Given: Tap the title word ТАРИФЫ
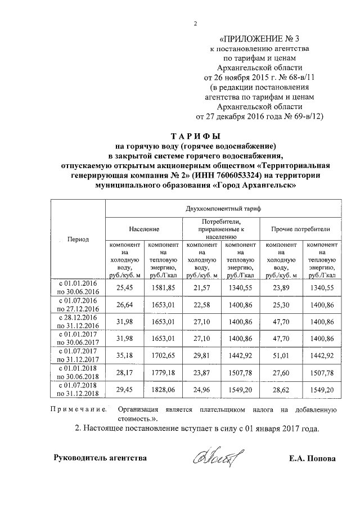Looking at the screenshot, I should tap(195, 137).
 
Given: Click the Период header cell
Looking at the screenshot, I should tap(78, 238).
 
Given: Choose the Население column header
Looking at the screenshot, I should tap(143, 229).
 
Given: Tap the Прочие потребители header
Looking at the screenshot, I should tap(300, 229).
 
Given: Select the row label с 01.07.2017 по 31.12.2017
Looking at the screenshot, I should tap(78, 355).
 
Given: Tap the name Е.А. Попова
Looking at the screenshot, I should tap(312, 458).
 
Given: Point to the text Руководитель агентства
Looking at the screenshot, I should tap(100, 458).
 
